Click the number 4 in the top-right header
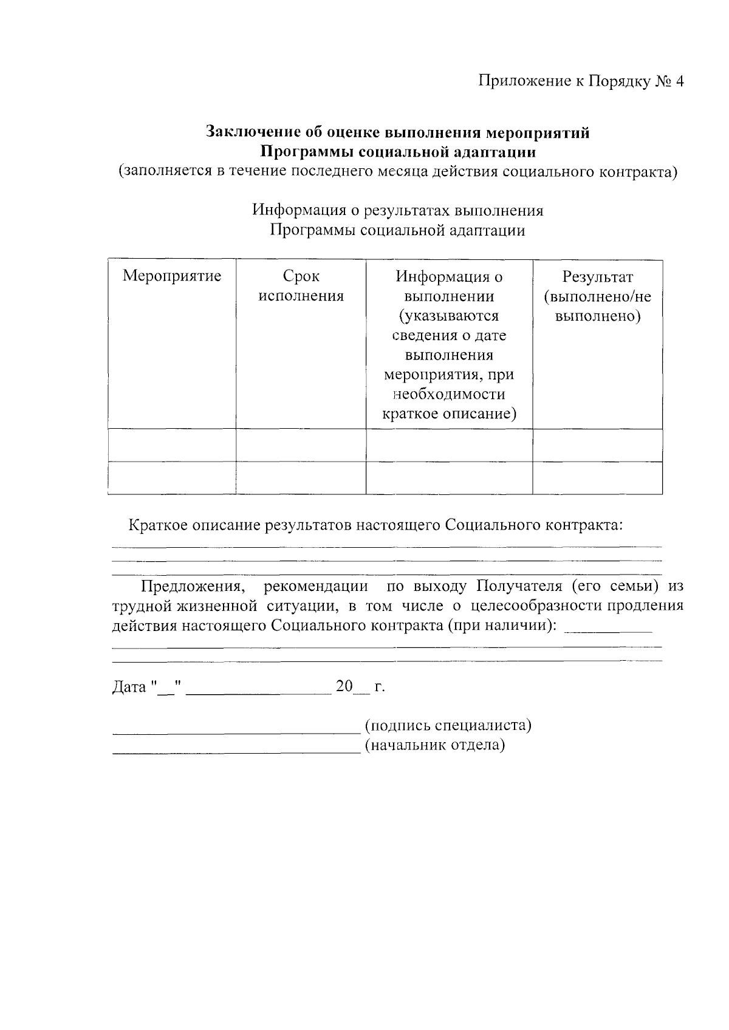[679, 81]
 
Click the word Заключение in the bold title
[248, 132]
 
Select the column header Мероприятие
[172, 276]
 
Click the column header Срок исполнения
[301, 286]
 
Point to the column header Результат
[597, 277]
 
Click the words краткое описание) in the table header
[449, 414]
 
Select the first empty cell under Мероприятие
[172, 445]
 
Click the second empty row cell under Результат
[597, 478]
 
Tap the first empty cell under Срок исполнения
[301, 445]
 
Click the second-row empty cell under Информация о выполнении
[449, 478]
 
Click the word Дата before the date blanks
[129, 687]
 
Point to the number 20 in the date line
[344, 686]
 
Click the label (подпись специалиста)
[448, 725]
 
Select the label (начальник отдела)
[434, 745]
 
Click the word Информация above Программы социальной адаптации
[296, 210]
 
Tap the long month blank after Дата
[258, 691]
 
